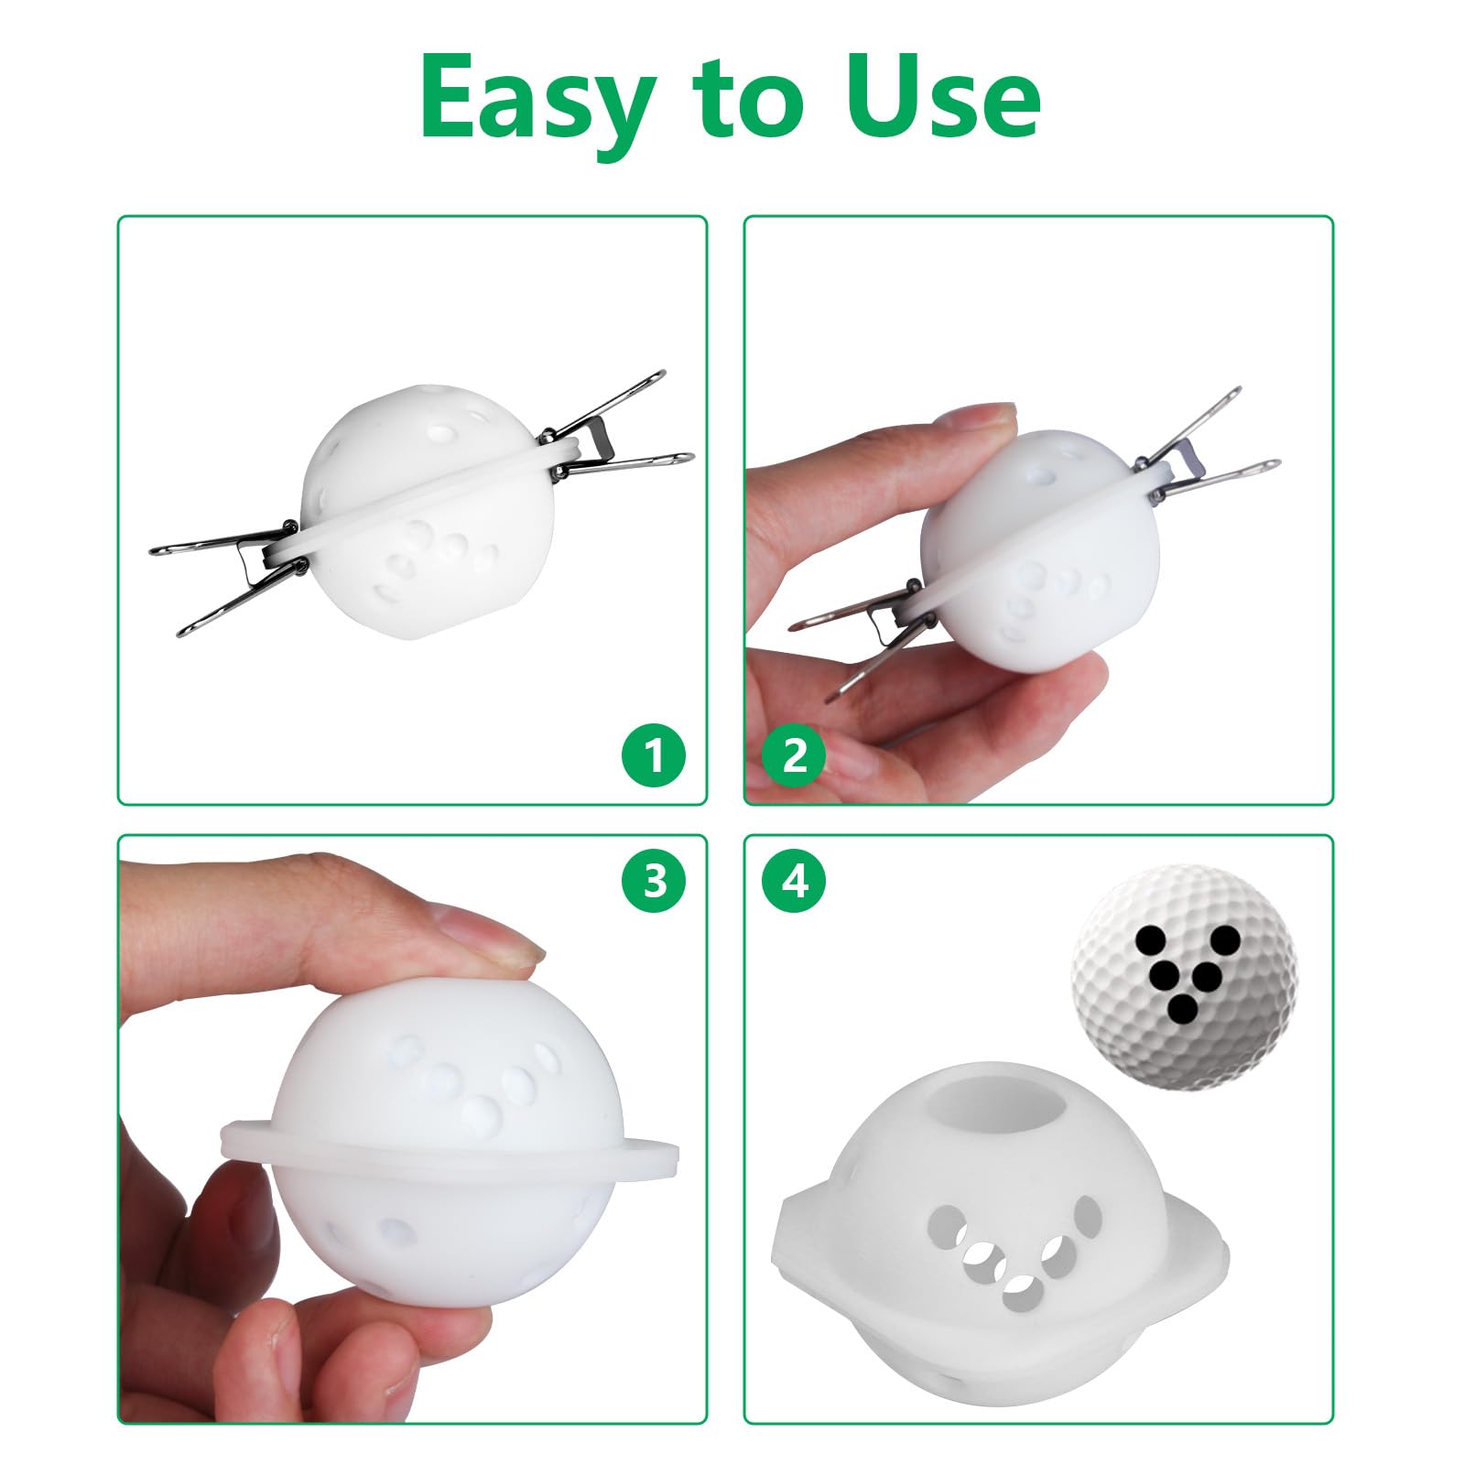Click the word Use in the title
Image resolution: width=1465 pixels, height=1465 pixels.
943,97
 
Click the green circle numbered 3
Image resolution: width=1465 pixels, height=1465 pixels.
653,882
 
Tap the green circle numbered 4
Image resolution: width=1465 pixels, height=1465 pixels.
794,882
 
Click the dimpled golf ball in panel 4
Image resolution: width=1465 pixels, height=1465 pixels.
1185,978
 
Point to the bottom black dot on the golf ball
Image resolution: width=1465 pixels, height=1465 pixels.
1183,1010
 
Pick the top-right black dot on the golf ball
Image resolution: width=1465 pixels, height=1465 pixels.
1223,939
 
